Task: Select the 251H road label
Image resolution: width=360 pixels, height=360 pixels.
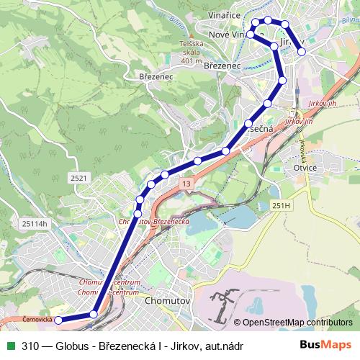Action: pos(282,206)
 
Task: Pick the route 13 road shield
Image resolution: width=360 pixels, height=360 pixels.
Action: pos(186,185)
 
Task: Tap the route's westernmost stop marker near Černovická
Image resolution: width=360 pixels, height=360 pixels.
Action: pos(59,320)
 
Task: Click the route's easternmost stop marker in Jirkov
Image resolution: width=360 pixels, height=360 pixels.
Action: pos(302,52)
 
